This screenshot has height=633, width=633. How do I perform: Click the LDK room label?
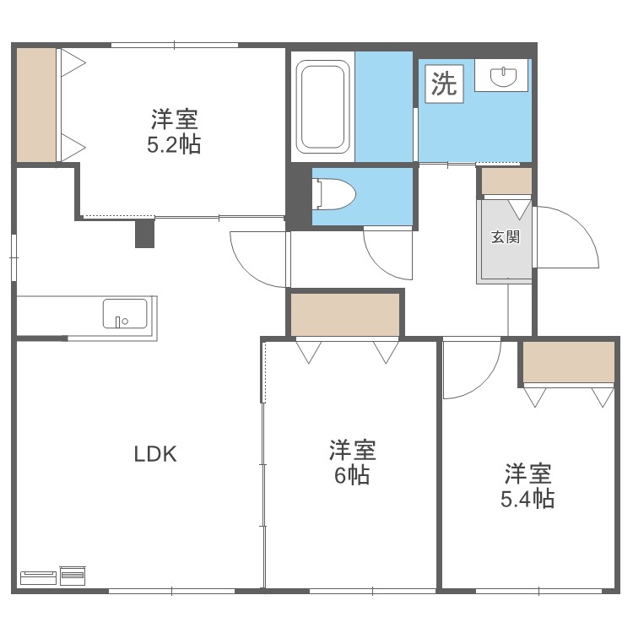tap(155, 454)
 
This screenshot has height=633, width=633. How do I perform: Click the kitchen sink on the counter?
tap(125, 313)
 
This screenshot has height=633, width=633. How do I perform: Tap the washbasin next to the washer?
tap(504, 77)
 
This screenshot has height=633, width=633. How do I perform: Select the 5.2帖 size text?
tap(174, 144)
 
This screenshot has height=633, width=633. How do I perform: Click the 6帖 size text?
tap(351, 475)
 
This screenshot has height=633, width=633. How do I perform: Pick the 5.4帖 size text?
tap(527, 498)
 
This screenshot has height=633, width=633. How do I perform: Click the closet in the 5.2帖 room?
tap(36, 105)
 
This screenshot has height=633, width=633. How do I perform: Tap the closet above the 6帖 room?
tap(344, 313)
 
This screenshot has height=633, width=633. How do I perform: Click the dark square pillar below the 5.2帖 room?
tap(145, 233)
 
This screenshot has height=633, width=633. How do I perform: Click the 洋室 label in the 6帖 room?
tap(352, 449)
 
